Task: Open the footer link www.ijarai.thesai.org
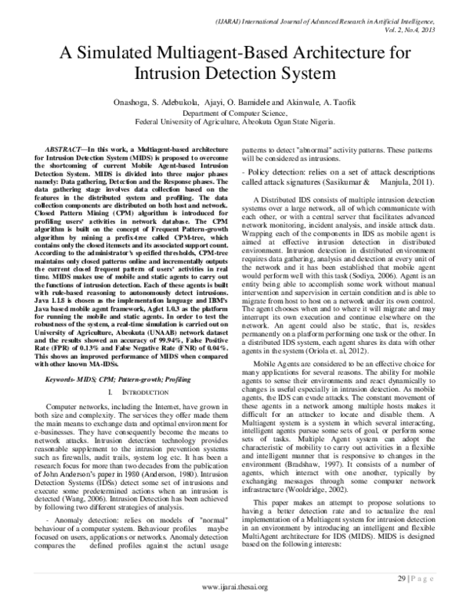[235, 587]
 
